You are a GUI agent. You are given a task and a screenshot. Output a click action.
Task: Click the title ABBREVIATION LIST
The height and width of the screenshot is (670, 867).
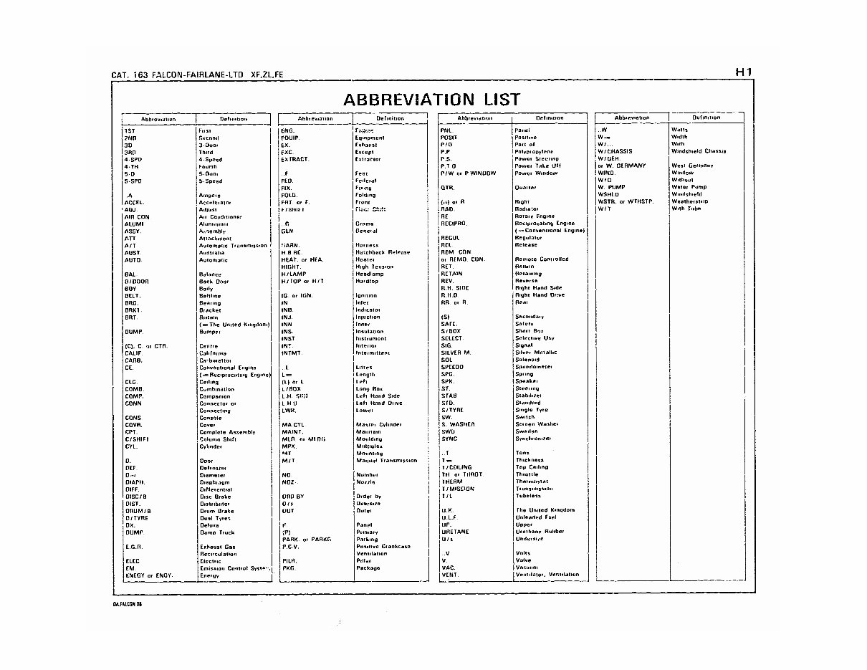pos(431,100)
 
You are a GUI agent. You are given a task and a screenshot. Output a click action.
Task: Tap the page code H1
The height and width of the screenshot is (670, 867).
pos(742,72)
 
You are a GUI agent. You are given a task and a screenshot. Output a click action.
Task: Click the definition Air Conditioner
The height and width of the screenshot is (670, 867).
pos(220,216)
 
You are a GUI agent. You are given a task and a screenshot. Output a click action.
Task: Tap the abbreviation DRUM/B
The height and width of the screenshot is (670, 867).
pos(137,511)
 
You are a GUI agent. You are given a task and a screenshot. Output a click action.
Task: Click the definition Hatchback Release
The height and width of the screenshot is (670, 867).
pos(383,252)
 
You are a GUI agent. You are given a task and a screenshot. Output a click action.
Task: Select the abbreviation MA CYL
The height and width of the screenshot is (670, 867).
pos(293,425)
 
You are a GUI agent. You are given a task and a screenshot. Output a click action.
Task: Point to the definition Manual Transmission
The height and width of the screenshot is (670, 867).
pos(386,461)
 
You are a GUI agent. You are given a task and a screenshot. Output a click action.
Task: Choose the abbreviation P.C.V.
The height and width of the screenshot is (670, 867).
pos(290,547)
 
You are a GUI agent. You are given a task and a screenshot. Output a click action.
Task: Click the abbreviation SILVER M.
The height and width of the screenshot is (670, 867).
pos(456,353)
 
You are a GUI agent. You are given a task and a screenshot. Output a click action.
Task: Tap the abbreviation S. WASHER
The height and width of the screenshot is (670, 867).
pos(457,424)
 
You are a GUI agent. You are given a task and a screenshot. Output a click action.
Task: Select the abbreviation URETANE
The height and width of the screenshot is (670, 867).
pos(455,532)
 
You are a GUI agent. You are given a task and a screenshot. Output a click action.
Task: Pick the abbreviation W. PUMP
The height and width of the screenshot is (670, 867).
pos(610,187)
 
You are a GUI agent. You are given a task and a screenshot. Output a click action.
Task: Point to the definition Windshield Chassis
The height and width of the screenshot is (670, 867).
pos(698,151)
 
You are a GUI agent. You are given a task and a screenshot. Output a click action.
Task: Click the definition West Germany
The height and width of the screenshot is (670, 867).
pos(692,166)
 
